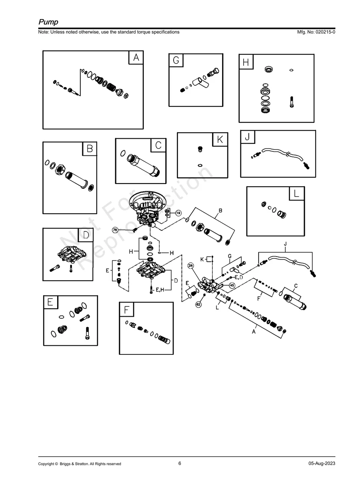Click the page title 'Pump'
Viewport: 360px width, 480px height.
[x=48, y=21]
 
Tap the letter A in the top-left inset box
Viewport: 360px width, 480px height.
[x=136, y=58]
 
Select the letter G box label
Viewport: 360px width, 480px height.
[x=176, y=60]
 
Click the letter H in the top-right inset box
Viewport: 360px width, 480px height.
[x=246, y=62]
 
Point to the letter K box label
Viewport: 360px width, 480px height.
[x=220, y=140]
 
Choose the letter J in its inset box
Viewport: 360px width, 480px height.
[x=248, y=137]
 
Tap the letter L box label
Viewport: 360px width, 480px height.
[x=296, y=194]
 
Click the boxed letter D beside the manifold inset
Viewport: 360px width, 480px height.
[x=85, y=235]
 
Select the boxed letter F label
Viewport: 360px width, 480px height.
[x=126, y=310]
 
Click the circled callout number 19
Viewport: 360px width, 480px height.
[x=178, y=213]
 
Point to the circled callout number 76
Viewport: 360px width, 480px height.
[x=115, y=230]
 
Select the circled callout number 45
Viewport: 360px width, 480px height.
[x=232, y=285]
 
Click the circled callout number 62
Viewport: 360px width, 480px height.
[x=198, y=304]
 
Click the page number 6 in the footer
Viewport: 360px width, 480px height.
[x=180, y=463]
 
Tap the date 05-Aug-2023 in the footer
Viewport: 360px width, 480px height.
[x=322, y=464]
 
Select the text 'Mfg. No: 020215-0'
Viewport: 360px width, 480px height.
[x=316, y=32]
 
